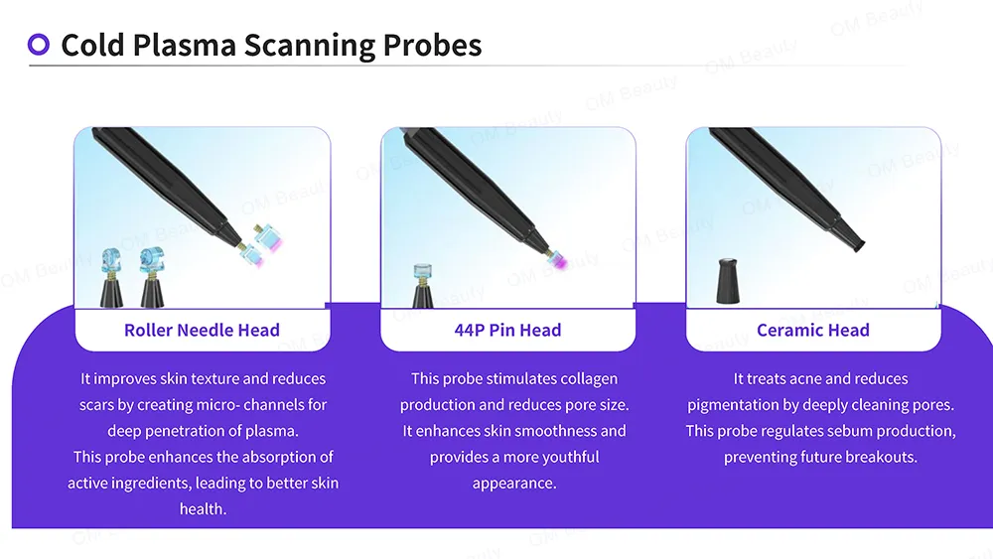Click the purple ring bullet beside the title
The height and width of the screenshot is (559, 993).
39,45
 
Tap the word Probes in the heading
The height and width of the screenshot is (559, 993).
433,46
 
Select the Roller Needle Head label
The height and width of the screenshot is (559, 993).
202,330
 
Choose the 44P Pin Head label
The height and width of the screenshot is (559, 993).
507,330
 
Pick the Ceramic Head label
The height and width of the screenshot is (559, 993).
813,330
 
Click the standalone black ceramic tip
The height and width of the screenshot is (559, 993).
728,280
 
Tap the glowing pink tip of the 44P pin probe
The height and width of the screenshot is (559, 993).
558,261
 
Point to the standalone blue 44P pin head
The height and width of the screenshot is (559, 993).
422,272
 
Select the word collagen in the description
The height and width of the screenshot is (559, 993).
587,378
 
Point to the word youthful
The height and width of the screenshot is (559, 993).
571,457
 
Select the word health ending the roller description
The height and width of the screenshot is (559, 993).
203,509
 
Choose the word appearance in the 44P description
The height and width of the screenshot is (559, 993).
514,484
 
